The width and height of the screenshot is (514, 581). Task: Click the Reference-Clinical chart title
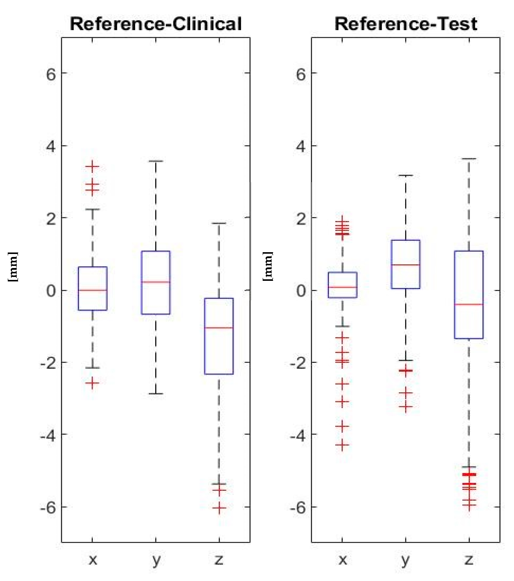pos(155,24)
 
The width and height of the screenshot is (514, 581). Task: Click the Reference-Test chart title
pos(406,24)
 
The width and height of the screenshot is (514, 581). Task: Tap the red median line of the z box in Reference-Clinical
pos(219,328)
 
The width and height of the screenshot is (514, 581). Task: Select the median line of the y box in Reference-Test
pos(406,265)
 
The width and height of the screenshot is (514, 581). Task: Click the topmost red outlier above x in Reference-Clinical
pos(92,166)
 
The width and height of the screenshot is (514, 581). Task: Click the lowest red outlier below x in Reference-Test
pos(342,445)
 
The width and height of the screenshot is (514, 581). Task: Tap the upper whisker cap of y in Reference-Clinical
pos(156,161)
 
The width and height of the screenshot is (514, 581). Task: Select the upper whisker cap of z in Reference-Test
pos(469,159)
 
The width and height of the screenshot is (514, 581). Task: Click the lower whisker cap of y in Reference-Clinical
pos(156,394)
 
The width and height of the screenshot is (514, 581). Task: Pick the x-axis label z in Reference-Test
pos(469,560)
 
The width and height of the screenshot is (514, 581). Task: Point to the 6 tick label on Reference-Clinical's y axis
pos(51,74)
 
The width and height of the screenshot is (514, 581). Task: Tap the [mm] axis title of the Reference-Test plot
pos(268,266)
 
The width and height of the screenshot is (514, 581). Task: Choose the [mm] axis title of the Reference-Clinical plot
pos(13,266)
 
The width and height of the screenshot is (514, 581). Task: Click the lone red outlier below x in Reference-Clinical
pos(92,383)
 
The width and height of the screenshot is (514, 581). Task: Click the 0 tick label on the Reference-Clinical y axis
pos(51,291)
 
